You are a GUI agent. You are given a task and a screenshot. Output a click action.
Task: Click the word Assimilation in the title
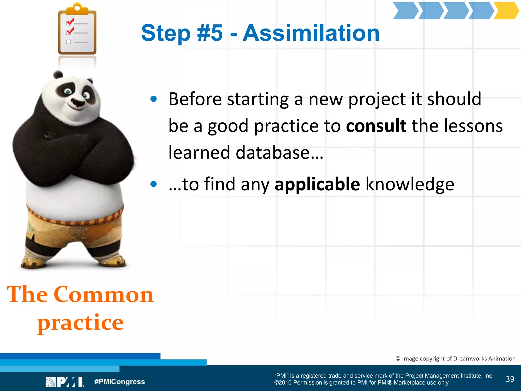pyautogui.click(x=311, y=33)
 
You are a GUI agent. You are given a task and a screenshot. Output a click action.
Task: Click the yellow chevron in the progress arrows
pyautogui.click(x=506, y=11)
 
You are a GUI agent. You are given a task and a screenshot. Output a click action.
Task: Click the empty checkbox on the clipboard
pyautogui.click(x=68, y=42)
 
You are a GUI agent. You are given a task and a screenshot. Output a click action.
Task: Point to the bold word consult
pyautogui.click(x=376, y=126)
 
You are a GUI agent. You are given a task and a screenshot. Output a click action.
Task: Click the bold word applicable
pyautogui.click(x=317, y=184)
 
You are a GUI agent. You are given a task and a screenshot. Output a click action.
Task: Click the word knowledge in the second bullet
pyautogui.click(x=410, y=184)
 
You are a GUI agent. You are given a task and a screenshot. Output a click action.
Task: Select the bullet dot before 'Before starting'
pyautogui.click(x=153, y=99)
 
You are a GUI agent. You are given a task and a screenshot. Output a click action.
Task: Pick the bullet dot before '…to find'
pyautogui.click(x=153, y=184)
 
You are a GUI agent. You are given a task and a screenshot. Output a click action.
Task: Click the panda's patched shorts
pyautogui.click(x=74, y=229)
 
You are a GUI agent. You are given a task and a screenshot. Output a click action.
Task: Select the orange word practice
pyautogui.click(x=80, y=323)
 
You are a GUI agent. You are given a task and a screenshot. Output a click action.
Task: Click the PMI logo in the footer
pyautogui.click(x=65, y=382)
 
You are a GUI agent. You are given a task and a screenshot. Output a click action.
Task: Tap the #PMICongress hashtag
pyautogui.click(x=120, y=382)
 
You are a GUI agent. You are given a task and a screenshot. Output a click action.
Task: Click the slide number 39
pyautogui.click(x=510, y=379)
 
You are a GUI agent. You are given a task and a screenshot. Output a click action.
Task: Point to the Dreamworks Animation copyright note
pyautogui.click(x=455, y=358)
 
